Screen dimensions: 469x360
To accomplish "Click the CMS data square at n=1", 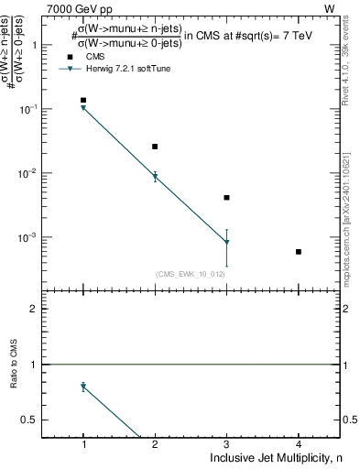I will click(x=83, y=100).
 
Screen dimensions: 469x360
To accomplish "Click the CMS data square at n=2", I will click(x=155, y=147).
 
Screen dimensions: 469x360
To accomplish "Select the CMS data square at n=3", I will click(x=226, y=198).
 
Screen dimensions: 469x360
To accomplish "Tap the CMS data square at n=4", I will click(x=299, y=251).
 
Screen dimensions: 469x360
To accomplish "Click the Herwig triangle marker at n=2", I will click(x=155, y=177).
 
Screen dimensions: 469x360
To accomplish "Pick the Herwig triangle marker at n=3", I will click(x=226, y=242).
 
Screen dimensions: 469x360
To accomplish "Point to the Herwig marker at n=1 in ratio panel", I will click(x=83, y=387).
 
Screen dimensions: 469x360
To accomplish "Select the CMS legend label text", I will click(x=94, y=57).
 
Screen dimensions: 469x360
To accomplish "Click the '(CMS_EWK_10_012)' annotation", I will click(x=190, y=274).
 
